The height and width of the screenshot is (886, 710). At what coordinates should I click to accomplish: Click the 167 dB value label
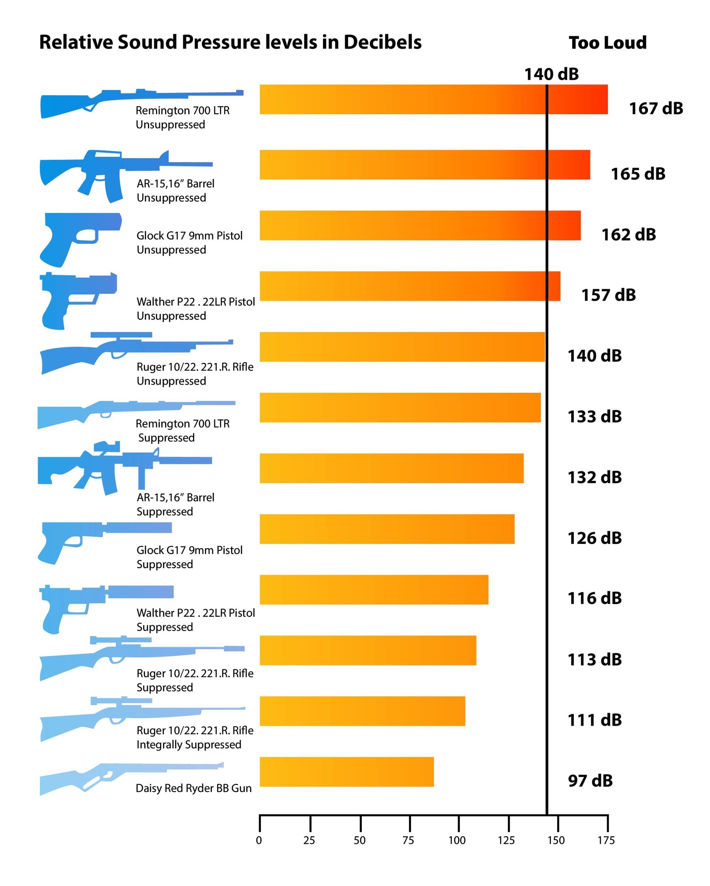tap(655, 109)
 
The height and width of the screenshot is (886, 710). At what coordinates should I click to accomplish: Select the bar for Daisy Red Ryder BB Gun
tap(346, 771)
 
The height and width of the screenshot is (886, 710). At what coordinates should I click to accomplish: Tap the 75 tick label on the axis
tap(408, 840)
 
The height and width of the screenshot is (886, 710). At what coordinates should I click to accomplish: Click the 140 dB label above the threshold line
tap(551, 75)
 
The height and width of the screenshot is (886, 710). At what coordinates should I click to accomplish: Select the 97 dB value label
tap(590, 780)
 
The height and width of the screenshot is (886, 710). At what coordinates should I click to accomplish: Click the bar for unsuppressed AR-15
tap(424, 164)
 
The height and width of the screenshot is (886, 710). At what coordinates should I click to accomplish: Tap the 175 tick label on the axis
tap(606, 840)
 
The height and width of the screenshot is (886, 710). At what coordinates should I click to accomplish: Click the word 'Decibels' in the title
tap(382, 42)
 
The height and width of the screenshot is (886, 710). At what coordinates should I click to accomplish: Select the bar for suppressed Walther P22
tap(373, 589)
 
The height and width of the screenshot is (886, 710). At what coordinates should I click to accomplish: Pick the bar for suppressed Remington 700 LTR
tap(400, 407)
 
